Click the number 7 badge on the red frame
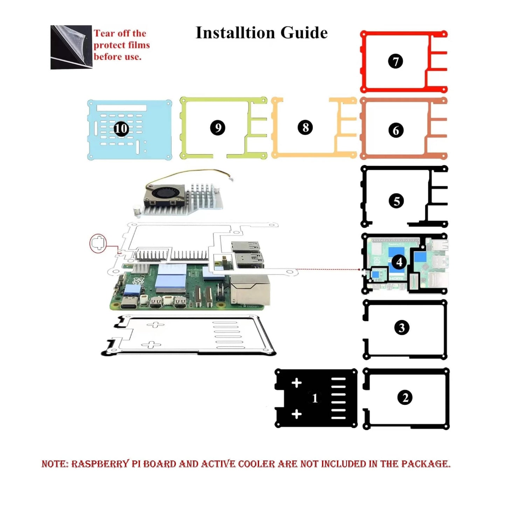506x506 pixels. (396, 61)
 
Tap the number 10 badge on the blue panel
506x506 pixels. (121, 129)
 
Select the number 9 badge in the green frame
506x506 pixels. (217, 128)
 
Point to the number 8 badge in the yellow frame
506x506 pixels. (305, 127)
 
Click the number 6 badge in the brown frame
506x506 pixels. (396, 130)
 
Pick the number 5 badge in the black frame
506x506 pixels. (396, 201)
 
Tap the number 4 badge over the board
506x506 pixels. (399, 262)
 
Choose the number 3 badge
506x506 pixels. (402, 328)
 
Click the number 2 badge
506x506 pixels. (405, 398)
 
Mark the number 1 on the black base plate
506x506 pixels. (315, 398)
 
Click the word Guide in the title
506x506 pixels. (304, 33)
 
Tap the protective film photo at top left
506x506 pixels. (71, 47)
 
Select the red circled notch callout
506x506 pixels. (98, 243)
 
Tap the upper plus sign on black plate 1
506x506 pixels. (297, 383)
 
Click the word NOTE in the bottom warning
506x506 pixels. (54, 464)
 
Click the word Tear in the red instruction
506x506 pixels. (104, 34)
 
